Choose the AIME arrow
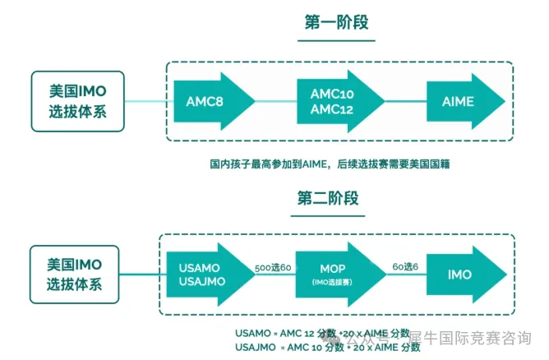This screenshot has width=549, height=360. [x=460, y=101]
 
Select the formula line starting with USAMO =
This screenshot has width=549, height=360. [x=321, y=333]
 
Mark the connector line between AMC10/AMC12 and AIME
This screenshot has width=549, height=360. [x=405, y=101]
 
